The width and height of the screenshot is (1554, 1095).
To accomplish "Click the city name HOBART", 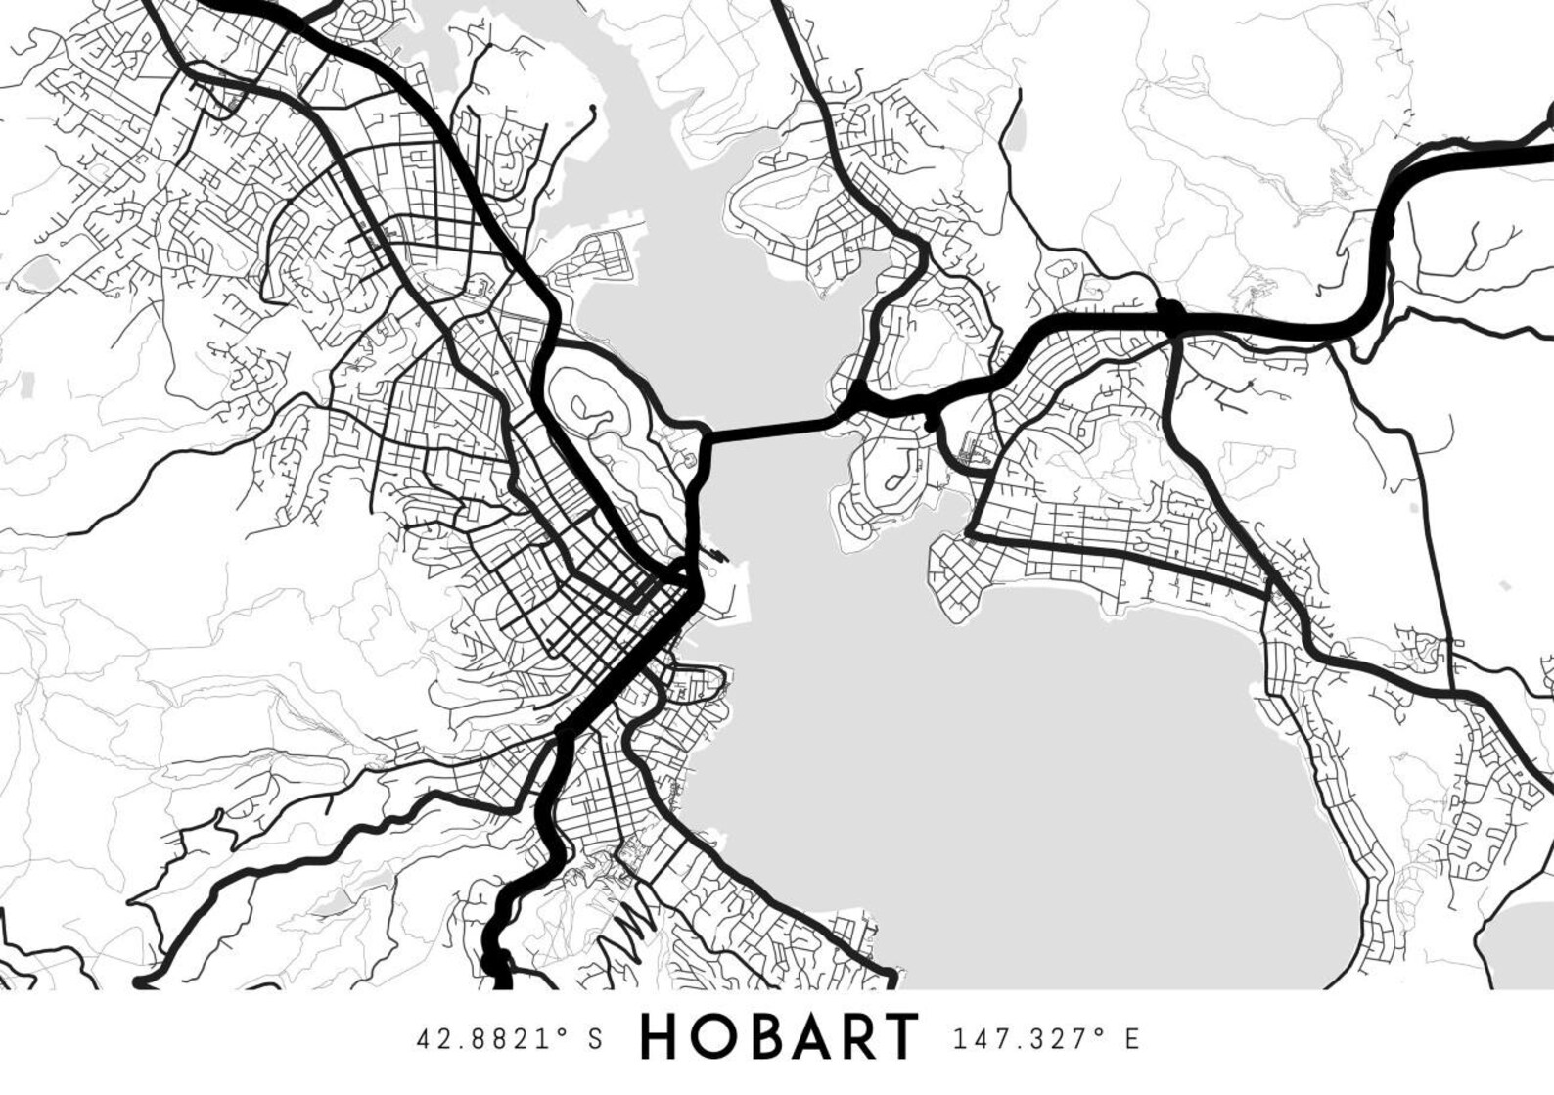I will (780, 1037).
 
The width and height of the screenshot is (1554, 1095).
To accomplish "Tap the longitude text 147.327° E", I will (1045, 1038).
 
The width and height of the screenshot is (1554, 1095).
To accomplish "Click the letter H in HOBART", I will (663, 1037).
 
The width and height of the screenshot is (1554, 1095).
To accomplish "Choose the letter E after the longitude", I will (1132, 1038).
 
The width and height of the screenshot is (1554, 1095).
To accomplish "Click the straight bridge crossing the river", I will (773, 427).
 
